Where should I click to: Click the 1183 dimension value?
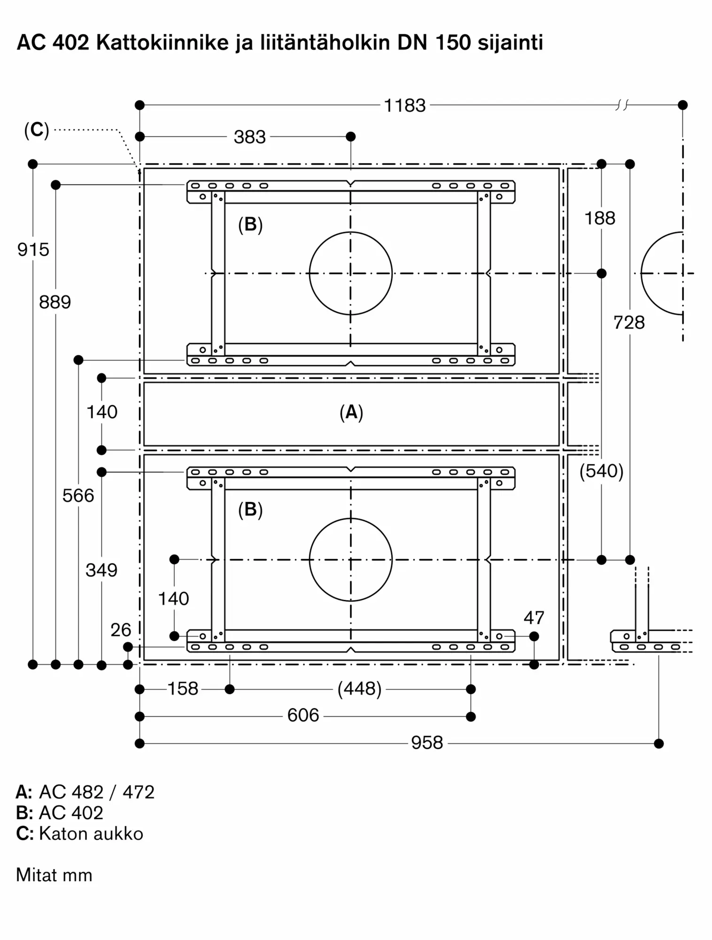404,106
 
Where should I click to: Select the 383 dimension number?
249,137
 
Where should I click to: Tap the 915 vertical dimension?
33,250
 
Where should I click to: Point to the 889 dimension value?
55,302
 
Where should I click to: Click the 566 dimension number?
78,495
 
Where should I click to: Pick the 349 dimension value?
101,570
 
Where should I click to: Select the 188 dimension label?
600,219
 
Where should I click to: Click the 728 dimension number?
629,323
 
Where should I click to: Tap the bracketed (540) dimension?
601,471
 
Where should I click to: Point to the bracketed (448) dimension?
359,689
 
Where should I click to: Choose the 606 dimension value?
303,716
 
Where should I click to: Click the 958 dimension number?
427,743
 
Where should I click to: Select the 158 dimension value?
183,689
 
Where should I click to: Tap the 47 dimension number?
534,618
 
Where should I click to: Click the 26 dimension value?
121,630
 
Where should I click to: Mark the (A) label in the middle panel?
351,413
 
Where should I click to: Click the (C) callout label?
37,130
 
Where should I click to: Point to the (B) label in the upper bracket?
250,225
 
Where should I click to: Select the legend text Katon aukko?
91,834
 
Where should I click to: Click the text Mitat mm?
54,876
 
